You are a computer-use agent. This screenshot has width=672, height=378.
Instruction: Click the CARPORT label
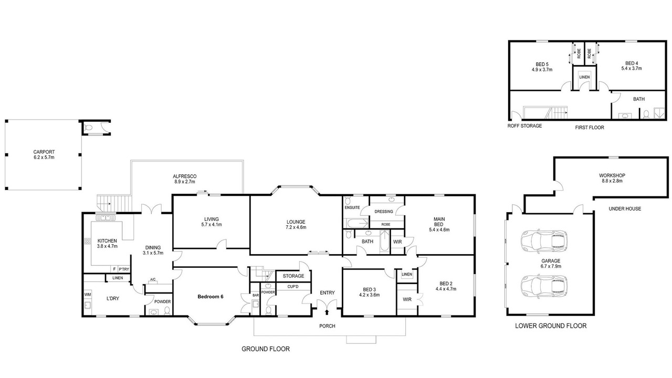pos(44,152)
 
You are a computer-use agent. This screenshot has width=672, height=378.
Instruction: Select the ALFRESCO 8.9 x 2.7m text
pos(184,179)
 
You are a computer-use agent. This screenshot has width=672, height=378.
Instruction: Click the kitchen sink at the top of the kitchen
pos(106,217)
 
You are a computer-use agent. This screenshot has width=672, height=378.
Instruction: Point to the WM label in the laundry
pos(87,295)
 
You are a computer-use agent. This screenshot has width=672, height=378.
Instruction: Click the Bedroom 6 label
pos(211,297)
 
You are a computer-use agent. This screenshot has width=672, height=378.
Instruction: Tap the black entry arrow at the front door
pos(327,312)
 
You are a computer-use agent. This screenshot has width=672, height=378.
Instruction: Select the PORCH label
pos(327,326)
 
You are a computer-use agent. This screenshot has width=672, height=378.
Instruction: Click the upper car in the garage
pos(544,240)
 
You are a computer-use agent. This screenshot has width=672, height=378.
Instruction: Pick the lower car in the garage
pos(544,286)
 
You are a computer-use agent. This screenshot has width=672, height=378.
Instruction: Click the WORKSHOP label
pos(612,175)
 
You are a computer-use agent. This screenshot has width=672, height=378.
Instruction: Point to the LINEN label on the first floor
pos(584,77)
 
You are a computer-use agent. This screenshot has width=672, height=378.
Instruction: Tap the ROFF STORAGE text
pos(524,125)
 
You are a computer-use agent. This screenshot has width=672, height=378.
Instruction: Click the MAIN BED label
pos(439,222)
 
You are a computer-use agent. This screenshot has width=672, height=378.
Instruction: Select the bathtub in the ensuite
pos(358,223)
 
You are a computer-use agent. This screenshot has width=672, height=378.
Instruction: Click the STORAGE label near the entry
pos(293,276)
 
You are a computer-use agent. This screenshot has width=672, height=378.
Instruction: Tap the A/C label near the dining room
pos(153,280)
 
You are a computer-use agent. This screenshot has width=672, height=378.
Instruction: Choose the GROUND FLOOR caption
pos(266,349)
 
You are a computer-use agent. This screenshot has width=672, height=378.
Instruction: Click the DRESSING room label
pos(384,212)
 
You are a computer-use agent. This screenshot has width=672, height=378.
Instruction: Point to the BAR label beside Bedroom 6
pos(256,296)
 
